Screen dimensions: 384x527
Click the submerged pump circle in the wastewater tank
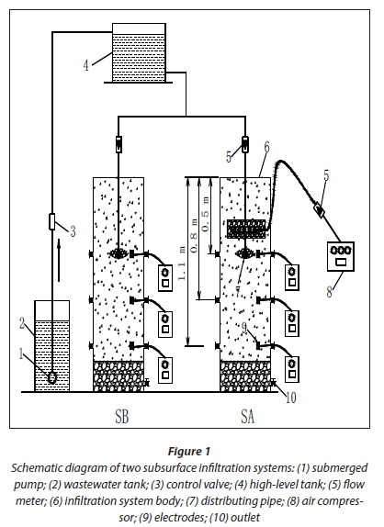pos(51,377)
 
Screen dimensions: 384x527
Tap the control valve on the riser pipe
pos(51,222)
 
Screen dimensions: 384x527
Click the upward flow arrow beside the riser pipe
pos(59,260)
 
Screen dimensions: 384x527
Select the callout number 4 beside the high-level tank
pos(86,65)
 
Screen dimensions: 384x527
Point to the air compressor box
pos(341,256)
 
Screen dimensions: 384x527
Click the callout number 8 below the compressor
pos(330,292)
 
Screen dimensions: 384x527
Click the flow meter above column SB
pos(119,144)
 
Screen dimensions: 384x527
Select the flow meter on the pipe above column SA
pos(245,144)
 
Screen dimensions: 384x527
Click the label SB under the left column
pos(122,417)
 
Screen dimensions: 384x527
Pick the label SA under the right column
pos(248,417)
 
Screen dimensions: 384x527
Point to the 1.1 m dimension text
pos(181,264)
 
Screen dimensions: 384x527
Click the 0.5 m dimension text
pos(206,214)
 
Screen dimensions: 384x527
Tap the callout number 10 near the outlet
pos(291,398)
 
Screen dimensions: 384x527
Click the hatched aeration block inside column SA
pos(246,229)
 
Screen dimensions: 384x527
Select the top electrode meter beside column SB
pos(165,278)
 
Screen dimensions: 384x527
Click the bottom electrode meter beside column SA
pos(292,370)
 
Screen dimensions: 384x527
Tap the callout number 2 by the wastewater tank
pos(22,324)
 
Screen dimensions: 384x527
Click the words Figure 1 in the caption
pos(189,451)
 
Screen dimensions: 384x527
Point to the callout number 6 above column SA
pos(266,148)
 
